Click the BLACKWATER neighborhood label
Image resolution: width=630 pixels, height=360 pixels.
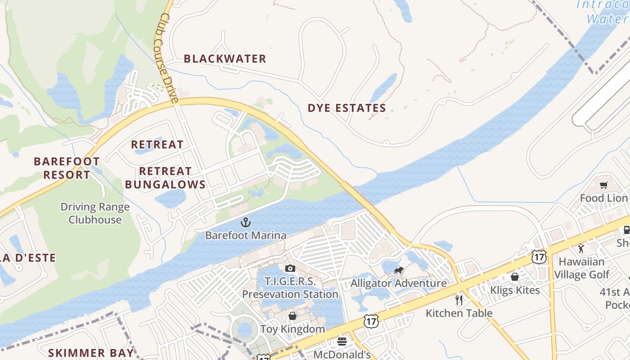(225, 58)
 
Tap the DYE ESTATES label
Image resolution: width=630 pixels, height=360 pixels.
(346, 108)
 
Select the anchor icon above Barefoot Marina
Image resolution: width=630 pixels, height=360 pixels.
(245, 222)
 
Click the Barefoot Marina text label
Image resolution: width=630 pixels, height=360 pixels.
(245, 235)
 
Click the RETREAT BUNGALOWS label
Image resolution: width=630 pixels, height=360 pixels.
(165, 178)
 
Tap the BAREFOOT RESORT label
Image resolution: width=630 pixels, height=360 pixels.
(67, 168)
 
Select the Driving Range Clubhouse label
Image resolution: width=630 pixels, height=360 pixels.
(95, 213)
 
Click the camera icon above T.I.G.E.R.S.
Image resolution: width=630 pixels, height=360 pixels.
(290, 269)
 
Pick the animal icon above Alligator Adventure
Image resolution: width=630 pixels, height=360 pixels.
(399, 270)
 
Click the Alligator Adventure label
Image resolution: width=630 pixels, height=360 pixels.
(398, 283)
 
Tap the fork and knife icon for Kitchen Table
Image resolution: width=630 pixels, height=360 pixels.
(459, 300)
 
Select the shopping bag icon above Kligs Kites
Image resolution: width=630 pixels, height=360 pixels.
(515, 277)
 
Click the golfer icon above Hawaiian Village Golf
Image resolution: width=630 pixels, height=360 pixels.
(581, 248)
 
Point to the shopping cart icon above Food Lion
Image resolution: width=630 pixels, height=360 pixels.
(603, 185)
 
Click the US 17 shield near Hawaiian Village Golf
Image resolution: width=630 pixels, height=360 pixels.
(539, 257)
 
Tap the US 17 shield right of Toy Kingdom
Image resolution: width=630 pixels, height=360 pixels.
(371, 321)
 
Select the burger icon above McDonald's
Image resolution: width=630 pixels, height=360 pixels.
(342, 342)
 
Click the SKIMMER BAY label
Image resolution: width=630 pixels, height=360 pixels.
(91, 353)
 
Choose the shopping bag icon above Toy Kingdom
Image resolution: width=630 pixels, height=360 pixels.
(292, 316)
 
